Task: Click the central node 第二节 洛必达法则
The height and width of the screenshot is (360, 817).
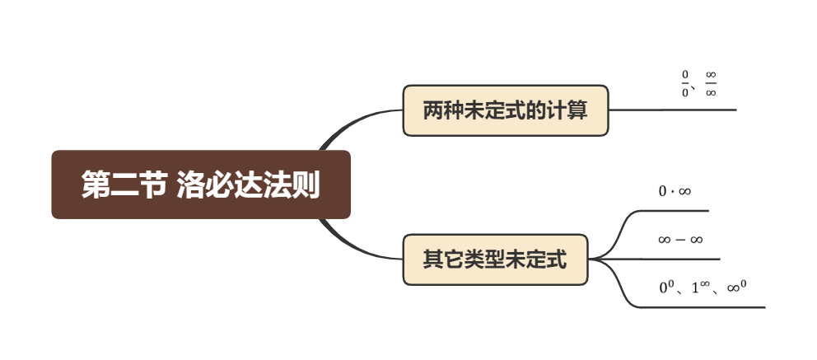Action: pos(201,185)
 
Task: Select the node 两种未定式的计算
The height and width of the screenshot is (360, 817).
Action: pos(505,110)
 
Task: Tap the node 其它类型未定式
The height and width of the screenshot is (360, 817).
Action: pos(494,259)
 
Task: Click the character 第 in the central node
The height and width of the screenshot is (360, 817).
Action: pos(96,185)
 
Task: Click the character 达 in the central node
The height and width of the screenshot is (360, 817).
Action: pos(249,185)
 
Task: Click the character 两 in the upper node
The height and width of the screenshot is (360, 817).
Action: pos(433,110)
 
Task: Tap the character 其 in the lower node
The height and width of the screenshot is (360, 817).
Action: pos(432,260)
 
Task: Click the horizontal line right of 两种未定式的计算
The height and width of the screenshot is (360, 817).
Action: pos(672,110)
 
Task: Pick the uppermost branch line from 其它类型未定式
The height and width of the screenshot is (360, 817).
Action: pos(671,211)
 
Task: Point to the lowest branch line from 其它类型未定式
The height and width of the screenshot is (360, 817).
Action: pos(700,307)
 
